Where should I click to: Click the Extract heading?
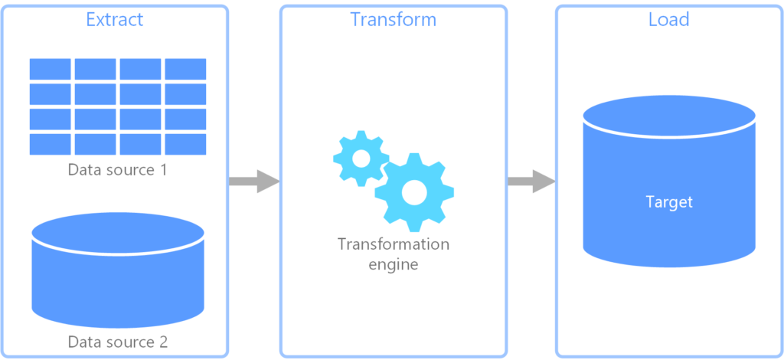click(114, 19)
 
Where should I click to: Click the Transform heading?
click(393, 19)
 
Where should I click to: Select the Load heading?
click(668, 19)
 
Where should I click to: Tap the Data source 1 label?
click(117, 169)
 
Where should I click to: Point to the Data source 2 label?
click(117, 341)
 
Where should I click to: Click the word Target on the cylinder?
click(668, 202)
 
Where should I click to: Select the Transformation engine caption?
click(393, 254)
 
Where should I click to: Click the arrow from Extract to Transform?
click(253, 182)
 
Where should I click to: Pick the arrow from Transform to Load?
click(531, 182)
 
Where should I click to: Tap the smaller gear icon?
click(361, 158)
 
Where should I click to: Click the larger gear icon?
click(414, 192)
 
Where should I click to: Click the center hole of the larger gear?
click(414, 192)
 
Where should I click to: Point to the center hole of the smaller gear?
click(361, 158)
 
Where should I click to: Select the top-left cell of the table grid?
click(50, 69)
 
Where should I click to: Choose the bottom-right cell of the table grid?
click(185, 144)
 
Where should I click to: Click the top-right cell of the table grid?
click(185, 69)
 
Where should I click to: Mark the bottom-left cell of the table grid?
click(50, 144)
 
